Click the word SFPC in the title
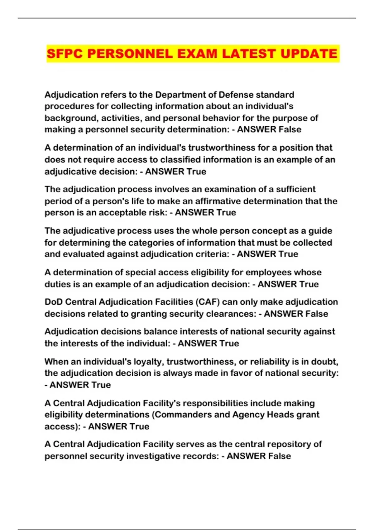(x=65, y=54)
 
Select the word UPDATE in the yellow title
(x=309, y=54)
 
